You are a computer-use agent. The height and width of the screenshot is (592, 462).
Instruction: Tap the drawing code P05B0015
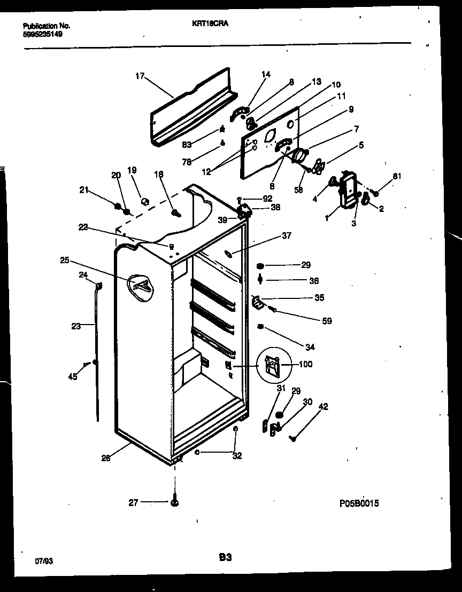coord(359,503)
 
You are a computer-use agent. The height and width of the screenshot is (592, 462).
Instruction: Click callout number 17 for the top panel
coord(140,76)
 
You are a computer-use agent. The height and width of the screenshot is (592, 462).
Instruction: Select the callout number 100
coord(306,365)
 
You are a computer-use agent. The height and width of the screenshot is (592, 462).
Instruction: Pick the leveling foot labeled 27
coord(175,502)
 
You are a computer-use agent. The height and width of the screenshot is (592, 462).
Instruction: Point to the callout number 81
coord(396,176)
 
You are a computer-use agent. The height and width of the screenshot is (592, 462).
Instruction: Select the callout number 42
coord(324,407)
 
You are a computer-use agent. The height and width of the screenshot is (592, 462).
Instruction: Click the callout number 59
coord(326,321)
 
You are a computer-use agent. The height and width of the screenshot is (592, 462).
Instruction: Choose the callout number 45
coord(73,377)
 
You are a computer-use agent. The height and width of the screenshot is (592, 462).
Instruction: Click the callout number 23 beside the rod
coord(76,326)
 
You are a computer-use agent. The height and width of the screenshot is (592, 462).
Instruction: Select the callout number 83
coord(201,144)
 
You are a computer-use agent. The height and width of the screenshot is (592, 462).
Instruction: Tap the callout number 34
coord(310,347)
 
